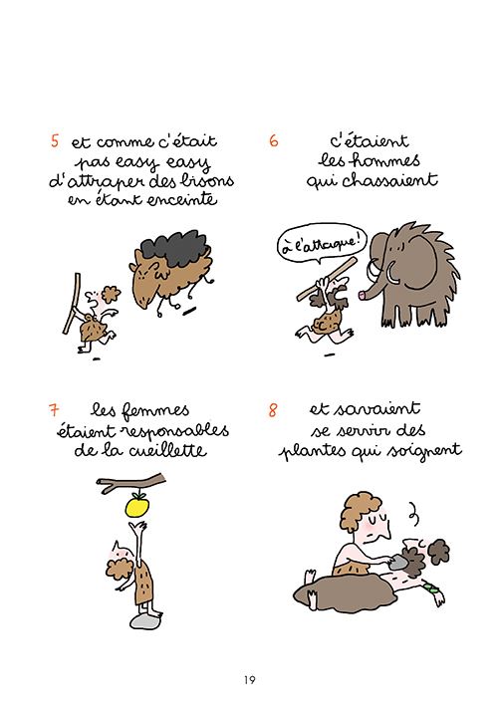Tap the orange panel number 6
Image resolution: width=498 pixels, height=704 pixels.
coord(273,140)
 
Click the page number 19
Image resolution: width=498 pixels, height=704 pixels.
coord(248,680)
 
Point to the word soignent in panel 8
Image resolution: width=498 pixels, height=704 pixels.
coord(422,450)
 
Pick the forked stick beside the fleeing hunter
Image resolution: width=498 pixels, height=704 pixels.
coord(68,304)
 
